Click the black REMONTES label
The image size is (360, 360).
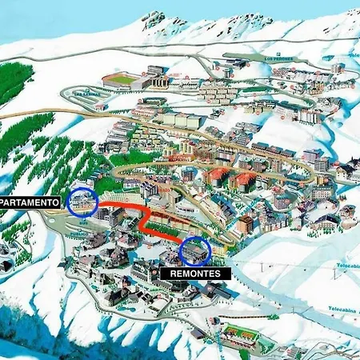tap(195, 273)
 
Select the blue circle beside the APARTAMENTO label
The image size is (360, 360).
tap(82, 202)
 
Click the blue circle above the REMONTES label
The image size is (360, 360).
tap(195, 251)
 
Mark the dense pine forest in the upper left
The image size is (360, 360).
tap(14, 80)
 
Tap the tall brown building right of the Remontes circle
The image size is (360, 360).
tap(245, 223)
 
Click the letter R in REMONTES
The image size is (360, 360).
tap(173, 273)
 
